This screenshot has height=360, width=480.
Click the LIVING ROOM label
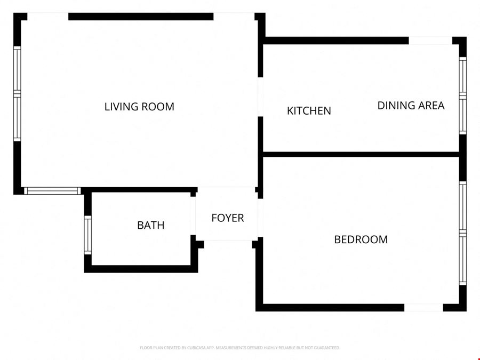[139, 107]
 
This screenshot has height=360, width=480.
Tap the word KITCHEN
[309, 111]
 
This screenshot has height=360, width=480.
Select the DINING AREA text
[411, 106]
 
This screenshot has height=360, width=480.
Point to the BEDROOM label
[361, 239]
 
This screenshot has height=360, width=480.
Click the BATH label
[150, 225]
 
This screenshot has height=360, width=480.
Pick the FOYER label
[227, 218]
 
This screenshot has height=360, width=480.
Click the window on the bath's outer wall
[88, 235]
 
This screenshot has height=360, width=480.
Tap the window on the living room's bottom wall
[52, 191]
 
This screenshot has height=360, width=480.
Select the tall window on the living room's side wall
[17, 94]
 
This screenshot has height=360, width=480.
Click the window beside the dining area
[462, 96]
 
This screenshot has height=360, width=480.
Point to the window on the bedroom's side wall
[462, 233]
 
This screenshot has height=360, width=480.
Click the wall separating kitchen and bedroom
[361, 154]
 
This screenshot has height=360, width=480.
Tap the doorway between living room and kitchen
[260, 97]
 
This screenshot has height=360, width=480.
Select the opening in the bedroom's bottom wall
[423, 308]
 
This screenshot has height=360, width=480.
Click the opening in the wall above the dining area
[430, 41]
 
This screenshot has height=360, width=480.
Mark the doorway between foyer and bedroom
[260, 218]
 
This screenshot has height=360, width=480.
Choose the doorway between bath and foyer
[193, 216]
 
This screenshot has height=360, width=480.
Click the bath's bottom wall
[141, 269]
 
